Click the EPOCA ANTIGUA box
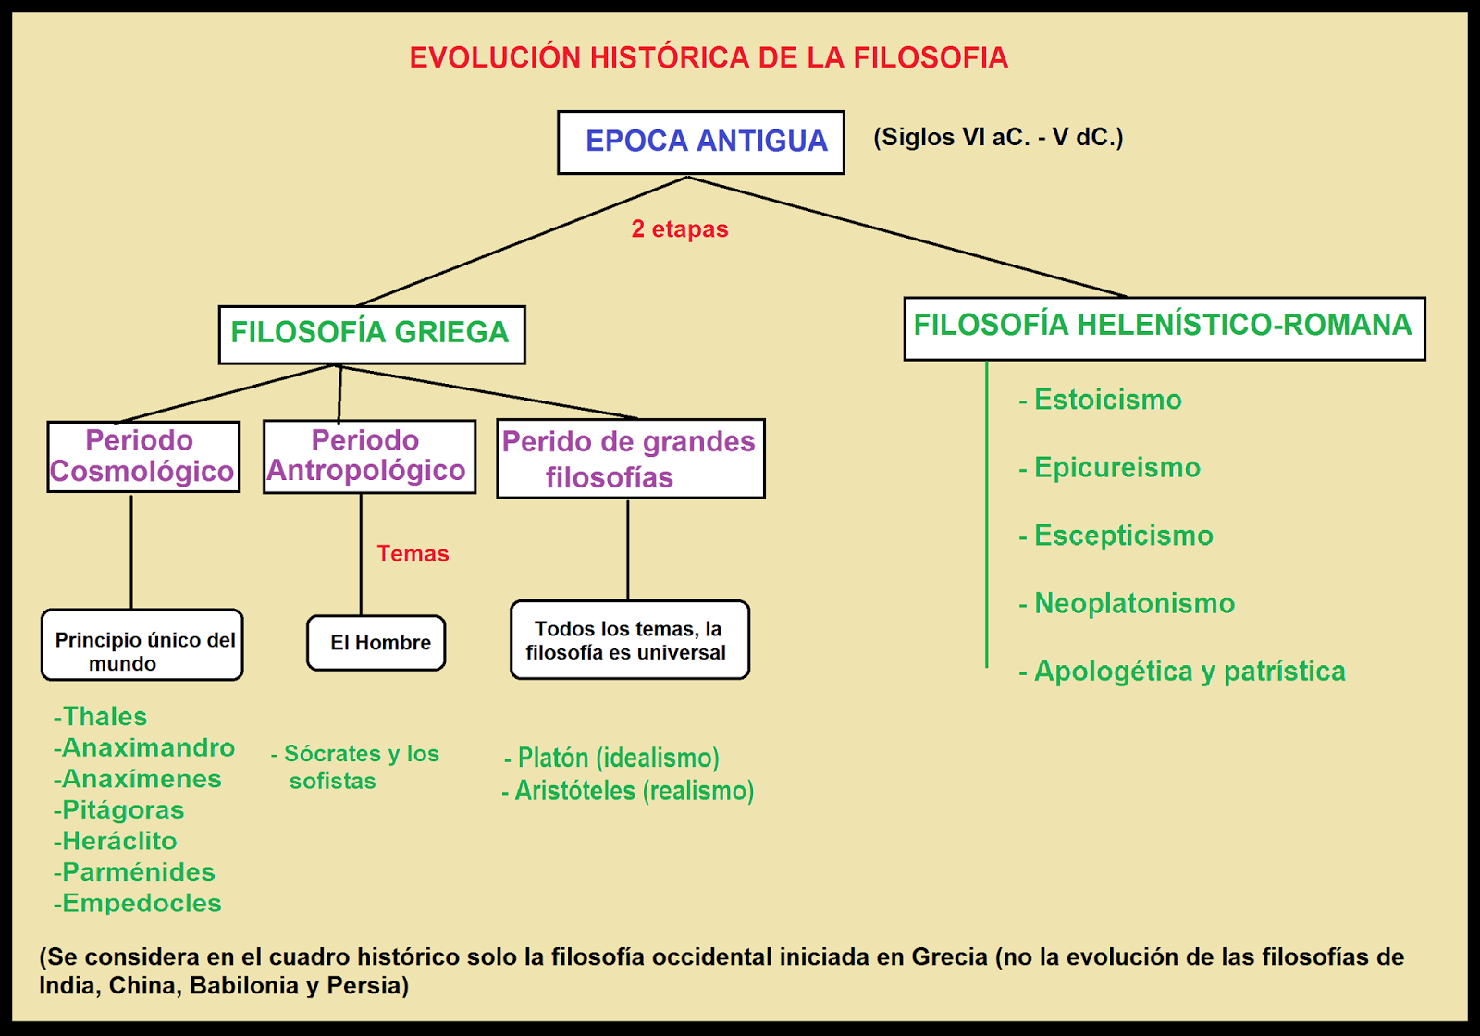[700, 142]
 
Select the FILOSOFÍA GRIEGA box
[371, 334]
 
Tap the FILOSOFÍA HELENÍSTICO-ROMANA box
[1164, 327]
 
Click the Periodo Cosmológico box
[143, 456]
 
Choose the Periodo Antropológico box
[369, 456]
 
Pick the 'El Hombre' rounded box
[376, 643]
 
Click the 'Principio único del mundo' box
[142, 645]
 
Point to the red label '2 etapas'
[680, 229]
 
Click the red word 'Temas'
[413, 554]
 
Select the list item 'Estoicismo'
[1107, 400]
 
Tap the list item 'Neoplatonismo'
[1133, 603]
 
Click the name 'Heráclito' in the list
[118, 841]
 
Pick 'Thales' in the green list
[104, 717]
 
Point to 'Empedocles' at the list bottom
[141, 903]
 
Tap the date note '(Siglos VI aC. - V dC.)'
[998, 138]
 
